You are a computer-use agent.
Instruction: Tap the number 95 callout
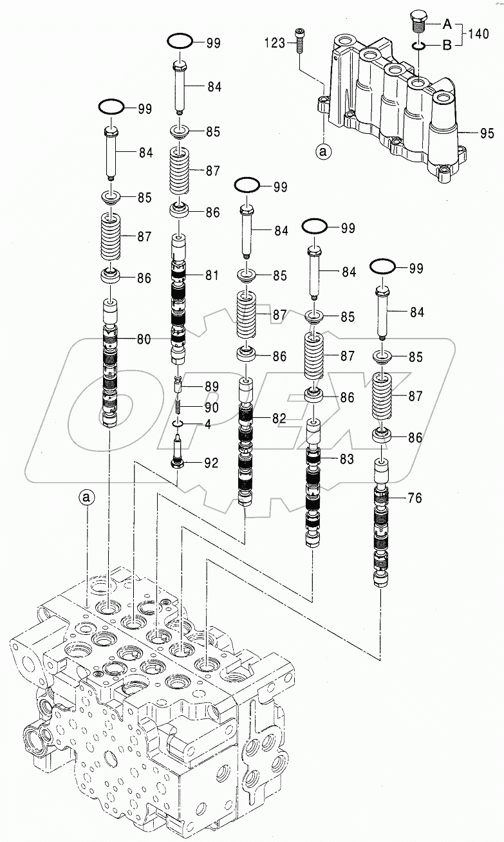tap(487, 135)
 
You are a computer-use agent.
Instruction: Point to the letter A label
tap(446, 24)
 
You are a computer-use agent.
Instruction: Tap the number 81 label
tap(211, 276)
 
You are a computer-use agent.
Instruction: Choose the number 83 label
tap(346, 459)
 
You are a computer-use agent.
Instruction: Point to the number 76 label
tap(415, 498)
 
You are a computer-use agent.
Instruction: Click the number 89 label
tap(211, 387)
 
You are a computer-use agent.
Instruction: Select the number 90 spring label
tap(211, 407)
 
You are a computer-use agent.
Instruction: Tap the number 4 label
tap(208, 425)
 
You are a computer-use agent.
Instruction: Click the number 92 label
tap(211, 463)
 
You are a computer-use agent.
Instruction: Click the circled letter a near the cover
tap(324, 152)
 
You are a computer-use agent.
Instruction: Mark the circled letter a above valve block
tap(87, 497)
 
